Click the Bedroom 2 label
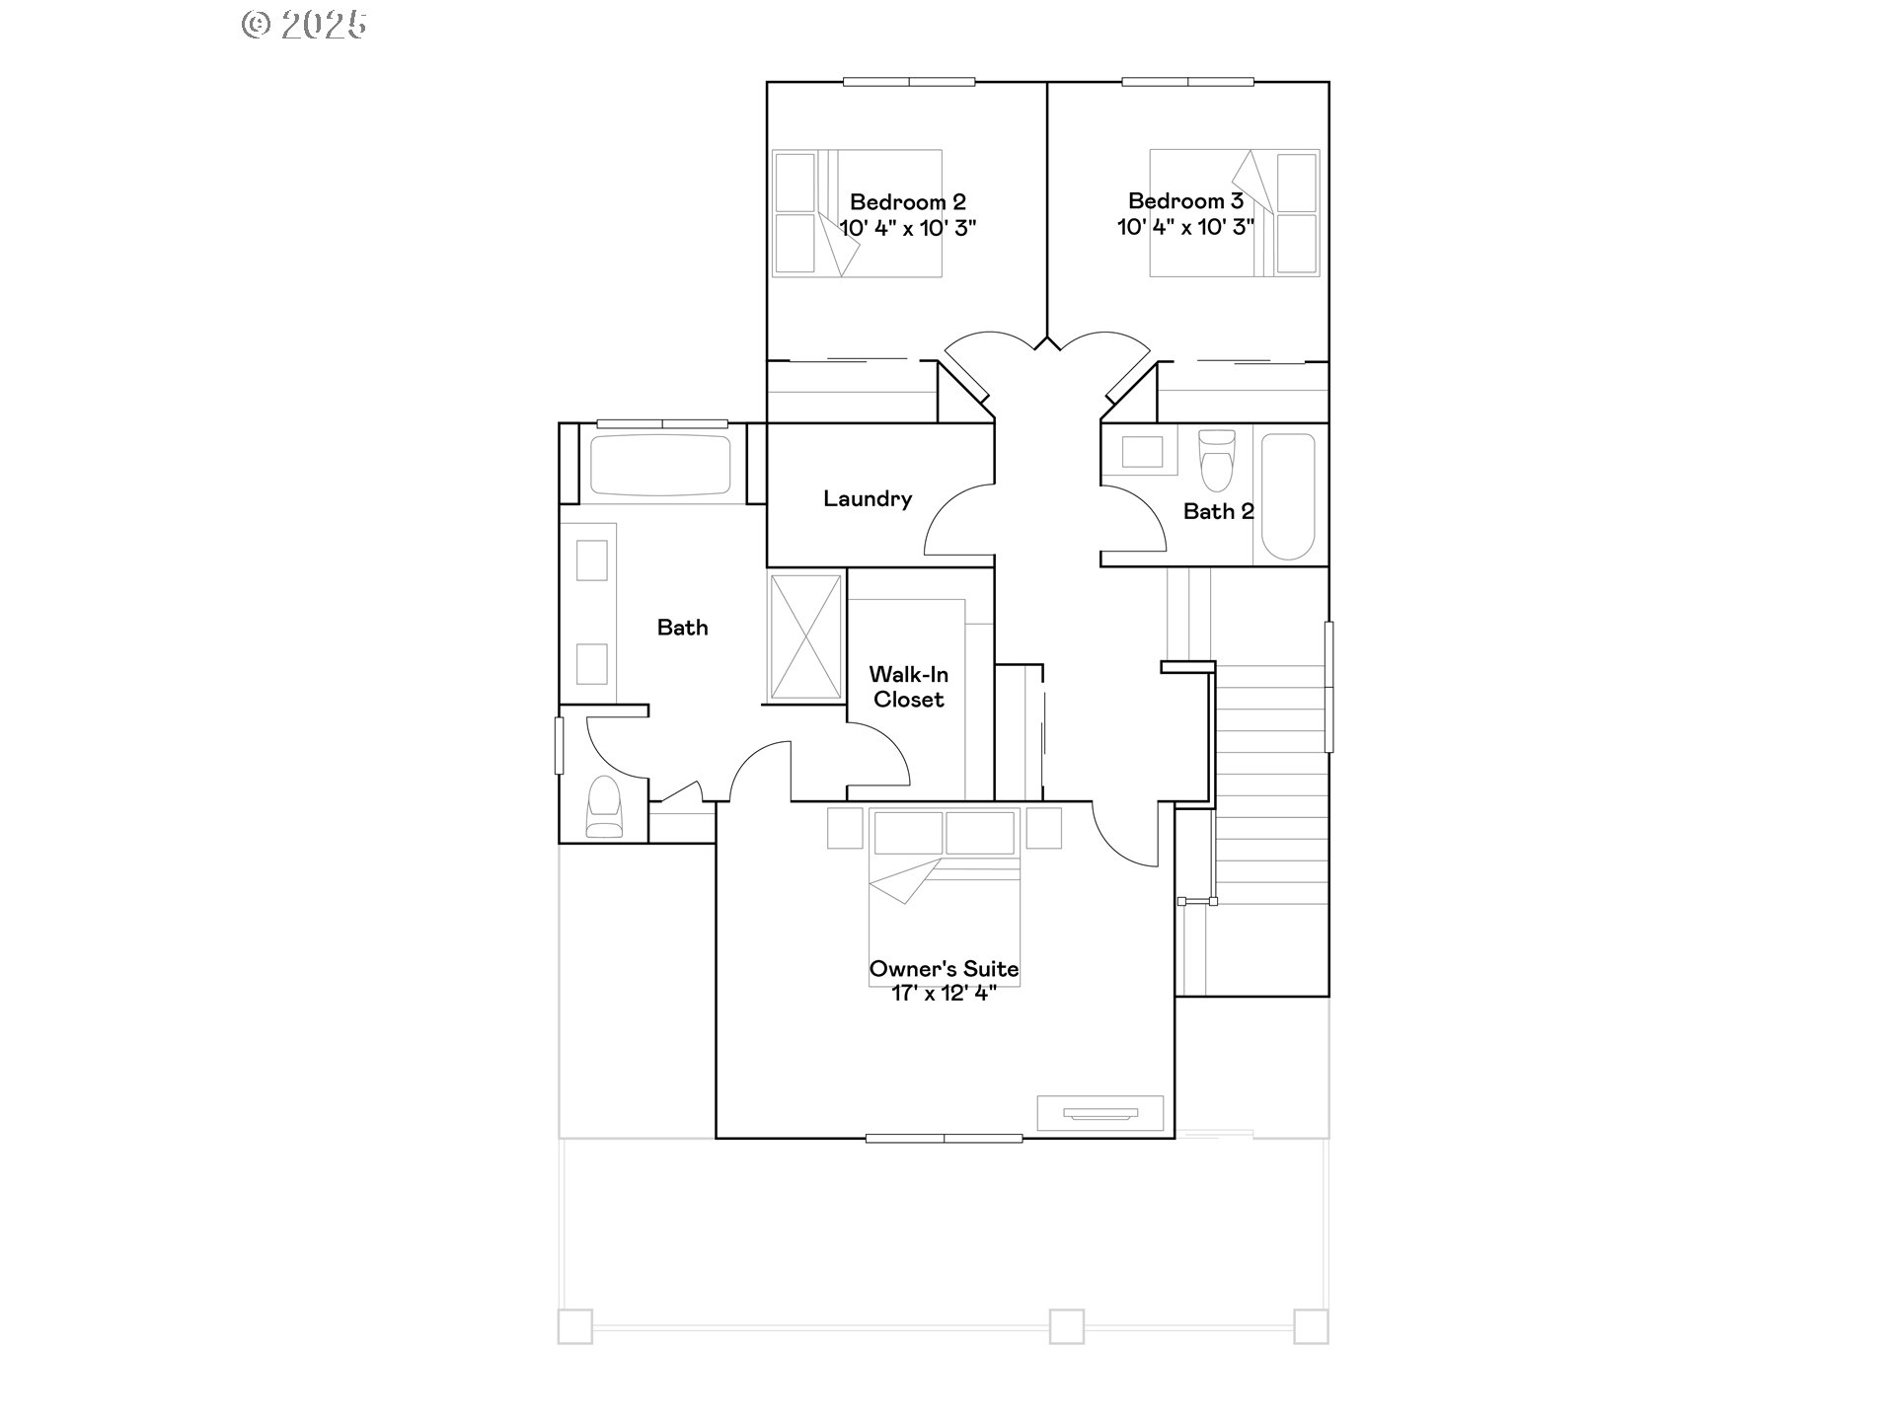[x=907, y=202]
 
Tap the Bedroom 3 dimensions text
[x=1185, y=227]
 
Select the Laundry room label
[x=868, y=499]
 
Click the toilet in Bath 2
[x=1216, y=460]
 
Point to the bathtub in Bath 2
[x=1288, y=496]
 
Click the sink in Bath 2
[x=1142, y=452]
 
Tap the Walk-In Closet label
[x=909, y=687]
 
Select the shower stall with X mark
[x=805, y=636]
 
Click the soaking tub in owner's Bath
[x=660, y=465]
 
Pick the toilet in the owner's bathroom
[x=604, y=807]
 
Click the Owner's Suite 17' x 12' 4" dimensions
[x=944, y=994]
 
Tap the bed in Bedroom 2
[x=857, y=213]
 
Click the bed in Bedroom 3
[x=1234, y=213]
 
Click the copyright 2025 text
[x=304, y=25]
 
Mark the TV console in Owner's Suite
[x=1099, y=1113]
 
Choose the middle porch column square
[x=1066, y=1325]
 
